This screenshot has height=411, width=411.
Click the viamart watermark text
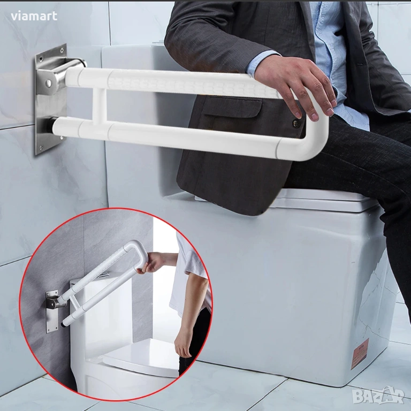point(34,16)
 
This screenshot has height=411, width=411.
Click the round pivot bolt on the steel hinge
point(49,83)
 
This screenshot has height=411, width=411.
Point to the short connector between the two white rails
point(100,106)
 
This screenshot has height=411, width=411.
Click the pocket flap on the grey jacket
point(233,107)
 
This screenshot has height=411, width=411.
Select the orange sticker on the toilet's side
point(360,354)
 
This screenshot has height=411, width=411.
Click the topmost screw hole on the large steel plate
point(62,49)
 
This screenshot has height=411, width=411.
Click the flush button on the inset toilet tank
point(104,275)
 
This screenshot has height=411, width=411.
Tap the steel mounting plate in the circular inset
point(52,311)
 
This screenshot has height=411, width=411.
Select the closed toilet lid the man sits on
point(322,199)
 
